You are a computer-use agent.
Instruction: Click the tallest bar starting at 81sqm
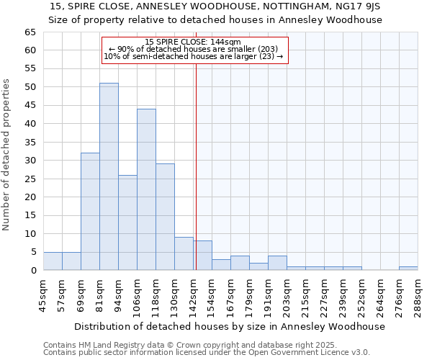109,176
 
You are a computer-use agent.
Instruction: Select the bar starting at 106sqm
146,189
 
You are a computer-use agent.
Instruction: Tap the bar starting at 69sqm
90,212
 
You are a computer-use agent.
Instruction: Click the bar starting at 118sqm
165,217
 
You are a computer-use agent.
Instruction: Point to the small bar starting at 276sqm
408,269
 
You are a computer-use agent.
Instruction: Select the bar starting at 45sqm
53,261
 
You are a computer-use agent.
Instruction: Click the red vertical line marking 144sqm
196,166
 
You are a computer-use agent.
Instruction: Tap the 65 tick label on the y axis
30,32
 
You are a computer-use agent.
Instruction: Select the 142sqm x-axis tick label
193,294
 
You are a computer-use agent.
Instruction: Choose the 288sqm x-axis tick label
418,294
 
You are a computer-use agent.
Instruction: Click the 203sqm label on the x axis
287,294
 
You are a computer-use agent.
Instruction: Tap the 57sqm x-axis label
62,294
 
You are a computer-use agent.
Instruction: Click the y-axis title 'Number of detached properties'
7,155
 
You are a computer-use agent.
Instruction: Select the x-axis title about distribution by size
229,326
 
